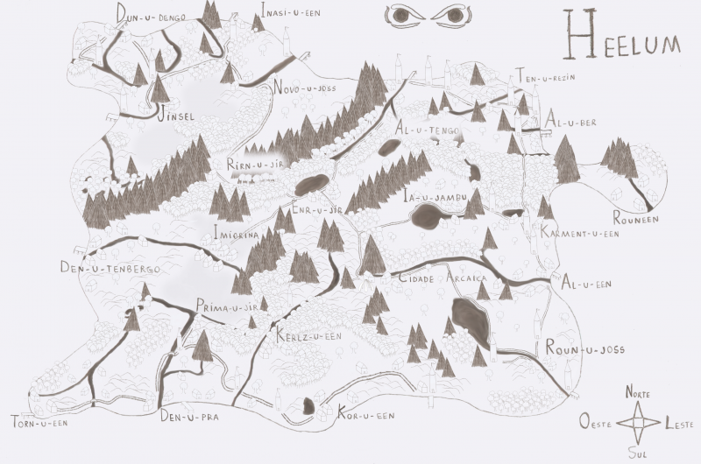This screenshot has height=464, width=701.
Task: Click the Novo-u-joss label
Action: click(306, 88)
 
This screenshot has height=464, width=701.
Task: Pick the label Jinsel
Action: click(174, 116)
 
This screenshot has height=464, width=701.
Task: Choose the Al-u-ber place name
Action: click(570, 123)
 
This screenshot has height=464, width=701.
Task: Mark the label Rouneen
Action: click(634, 221)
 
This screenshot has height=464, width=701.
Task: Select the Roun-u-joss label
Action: click(584, 349)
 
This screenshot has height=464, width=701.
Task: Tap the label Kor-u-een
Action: click(366, 415)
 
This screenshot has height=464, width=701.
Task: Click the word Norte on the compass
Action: click(638, 394)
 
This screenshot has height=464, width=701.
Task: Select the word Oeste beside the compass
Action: click(596, 423)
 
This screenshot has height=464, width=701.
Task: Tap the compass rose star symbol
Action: click(639, 423)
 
